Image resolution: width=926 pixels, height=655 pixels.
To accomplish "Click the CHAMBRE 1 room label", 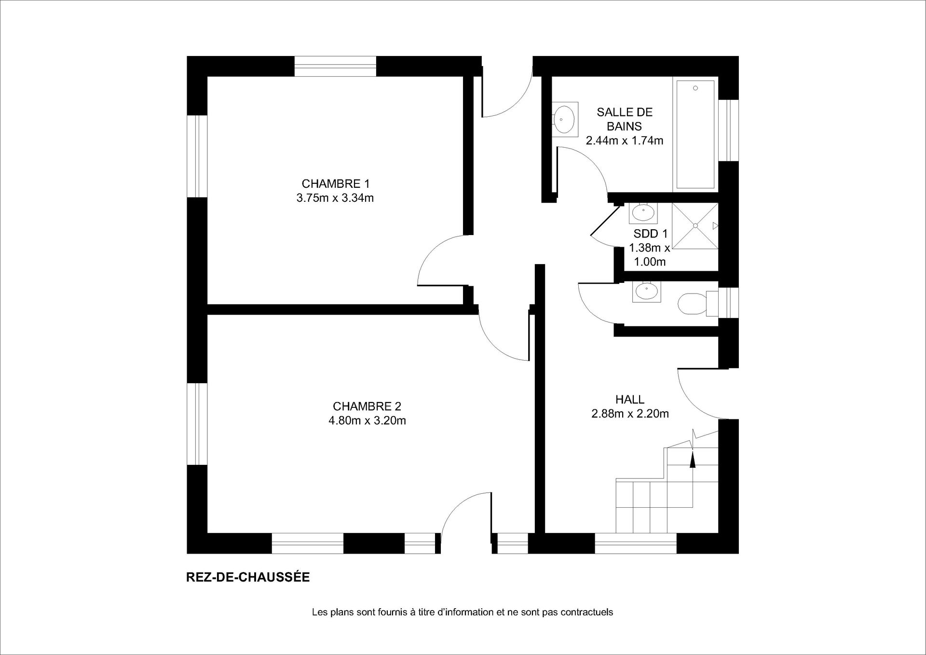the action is point(335,184).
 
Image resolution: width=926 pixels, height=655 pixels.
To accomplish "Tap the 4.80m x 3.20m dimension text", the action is point(367,421).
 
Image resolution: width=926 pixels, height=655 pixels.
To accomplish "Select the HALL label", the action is point(630,400).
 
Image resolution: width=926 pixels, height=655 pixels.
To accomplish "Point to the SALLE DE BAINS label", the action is point(625,119).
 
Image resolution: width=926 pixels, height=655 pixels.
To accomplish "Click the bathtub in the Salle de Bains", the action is point(695,134).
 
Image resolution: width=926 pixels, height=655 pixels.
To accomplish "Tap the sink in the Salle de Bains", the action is point(565,119).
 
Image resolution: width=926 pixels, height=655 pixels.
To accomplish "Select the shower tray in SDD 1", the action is point(695,226).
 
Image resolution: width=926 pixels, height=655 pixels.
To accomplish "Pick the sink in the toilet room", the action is point(646,291).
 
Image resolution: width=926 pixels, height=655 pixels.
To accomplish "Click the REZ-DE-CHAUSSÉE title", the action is point(248,577).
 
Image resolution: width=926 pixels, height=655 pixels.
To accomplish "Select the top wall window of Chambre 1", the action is point(335,67).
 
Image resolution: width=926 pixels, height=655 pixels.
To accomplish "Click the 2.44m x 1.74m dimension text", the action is point(625,141).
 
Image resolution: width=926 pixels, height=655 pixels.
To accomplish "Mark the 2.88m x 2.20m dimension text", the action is point(630,414).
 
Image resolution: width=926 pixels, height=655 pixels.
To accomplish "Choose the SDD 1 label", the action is point(651,234).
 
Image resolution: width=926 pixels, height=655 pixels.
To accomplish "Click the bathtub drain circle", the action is point(695,88).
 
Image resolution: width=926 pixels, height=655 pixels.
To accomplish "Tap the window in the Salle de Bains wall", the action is point(729,130).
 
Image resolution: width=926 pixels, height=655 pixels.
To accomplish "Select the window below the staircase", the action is point(636,543).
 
